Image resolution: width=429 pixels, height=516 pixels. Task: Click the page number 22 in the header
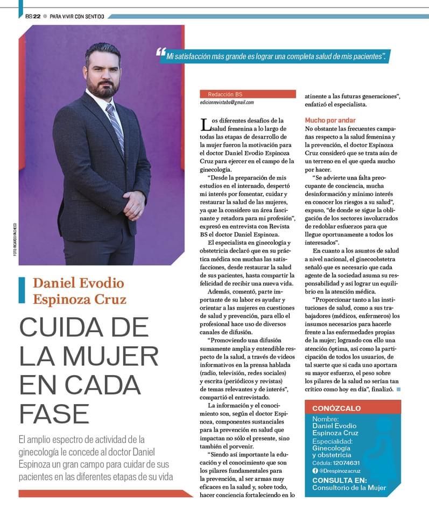tap(37, 16)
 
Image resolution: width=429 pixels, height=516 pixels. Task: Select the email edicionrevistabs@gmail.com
tap(227, 102)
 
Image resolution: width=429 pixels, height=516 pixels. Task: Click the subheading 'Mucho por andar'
tap(330, 120)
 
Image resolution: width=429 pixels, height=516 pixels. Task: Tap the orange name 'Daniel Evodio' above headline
tap(79, 283)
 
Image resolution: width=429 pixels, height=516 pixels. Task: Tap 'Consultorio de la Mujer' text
tap(349, 488)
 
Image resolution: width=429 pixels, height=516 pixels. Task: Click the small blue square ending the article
tap(398, 389)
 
